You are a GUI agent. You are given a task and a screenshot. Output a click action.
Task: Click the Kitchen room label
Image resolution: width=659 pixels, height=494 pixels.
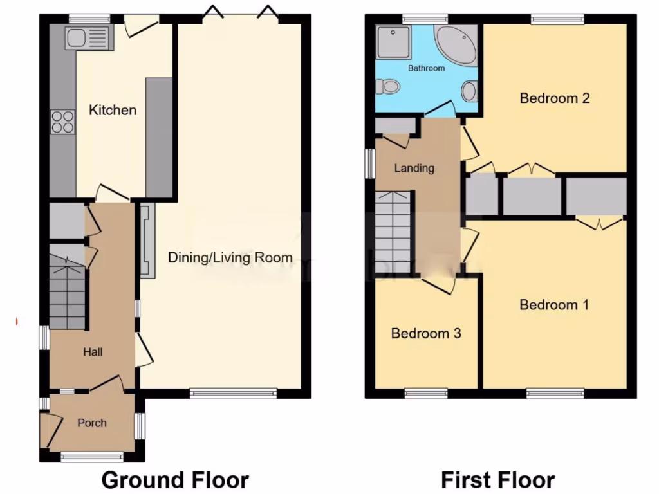(113, 110)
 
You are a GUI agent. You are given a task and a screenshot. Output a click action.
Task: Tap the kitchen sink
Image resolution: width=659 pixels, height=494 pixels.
(88, 38)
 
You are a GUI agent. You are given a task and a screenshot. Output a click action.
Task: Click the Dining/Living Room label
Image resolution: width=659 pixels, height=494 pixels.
(230, 258)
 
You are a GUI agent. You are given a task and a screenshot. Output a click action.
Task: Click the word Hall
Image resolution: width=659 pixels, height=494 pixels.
(93, 352)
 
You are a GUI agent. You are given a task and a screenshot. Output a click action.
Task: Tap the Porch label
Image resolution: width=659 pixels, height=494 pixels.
(91, 423)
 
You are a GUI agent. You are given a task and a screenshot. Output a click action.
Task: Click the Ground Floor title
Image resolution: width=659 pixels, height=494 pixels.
(175, 479)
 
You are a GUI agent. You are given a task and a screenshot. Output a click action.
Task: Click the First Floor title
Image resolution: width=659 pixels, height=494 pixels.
(497, 479)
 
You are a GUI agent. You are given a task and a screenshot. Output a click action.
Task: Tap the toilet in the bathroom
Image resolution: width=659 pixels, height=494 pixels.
(390, 86)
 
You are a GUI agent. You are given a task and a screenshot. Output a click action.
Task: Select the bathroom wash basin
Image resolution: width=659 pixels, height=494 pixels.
(470, 91)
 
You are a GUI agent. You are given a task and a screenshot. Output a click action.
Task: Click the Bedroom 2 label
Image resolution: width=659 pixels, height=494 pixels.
(555, 98)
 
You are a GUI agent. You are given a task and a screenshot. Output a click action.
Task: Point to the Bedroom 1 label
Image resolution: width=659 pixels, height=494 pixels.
(554, 304)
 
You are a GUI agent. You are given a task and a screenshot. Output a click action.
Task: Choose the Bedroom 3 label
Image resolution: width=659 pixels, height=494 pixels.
(426, 333)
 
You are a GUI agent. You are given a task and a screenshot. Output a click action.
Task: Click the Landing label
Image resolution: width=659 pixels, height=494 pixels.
(414, 168)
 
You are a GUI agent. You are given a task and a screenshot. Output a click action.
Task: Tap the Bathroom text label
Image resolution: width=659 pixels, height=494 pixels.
(426, 68)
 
